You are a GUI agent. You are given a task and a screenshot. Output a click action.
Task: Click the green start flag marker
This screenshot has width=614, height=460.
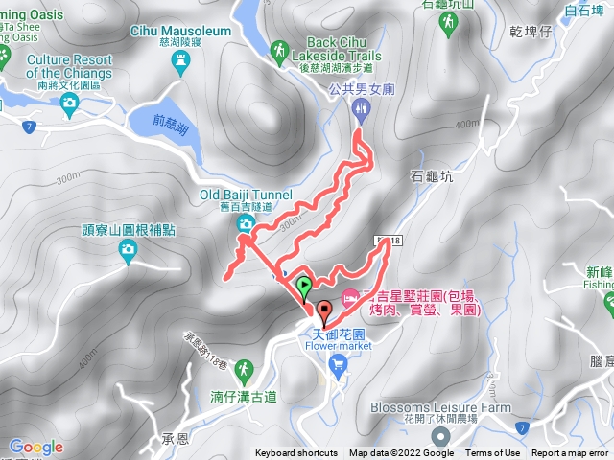tap(304, 285)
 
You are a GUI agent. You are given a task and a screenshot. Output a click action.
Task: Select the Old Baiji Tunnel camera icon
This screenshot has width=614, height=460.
tap(245, 223)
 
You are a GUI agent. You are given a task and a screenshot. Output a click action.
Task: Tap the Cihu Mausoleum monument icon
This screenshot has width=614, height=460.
tap(183, 63)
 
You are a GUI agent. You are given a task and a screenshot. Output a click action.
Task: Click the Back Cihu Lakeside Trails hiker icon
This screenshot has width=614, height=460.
tap(279, 49)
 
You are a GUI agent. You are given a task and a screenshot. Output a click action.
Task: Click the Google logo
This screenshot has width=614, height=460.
tap(36, 447)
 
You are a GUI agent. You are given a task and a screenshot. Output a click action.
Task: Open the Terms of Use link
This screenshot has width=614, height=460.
tap(493, 453)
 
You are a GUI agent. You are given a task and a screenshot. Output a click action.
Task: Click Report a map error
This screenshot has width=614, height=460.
tap(570, 453)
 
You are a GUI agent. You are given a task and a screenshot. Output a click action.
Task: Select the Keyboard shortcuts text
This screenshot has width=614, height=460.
tap(296, 453)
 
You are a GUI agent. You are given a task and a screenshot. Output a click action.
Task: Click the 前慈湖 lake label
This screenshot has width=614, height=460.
tap(173, 122)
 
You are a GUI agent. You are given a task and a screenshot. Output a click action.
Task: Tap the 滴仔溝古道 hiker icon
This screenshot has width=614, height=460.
tap(244, 369)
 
